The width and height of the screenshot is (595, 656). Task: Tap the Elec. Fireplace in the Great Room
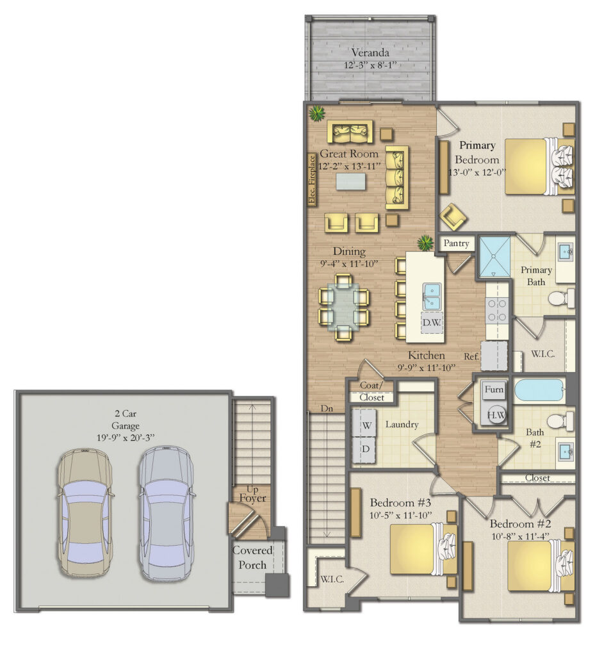pos(312,180)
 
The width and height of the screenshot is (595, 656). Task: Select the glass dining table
pos(344,306)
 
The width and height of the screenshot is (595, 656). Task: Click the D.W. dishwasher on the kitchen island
pos(430,322)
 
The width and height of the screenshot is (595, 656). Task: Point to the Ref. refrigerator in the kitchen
pos(494,356)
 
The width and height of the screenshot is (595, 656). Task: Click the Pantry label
pos(456,244)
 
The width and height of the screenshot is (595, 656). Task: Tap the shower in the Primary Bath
pos(493,256)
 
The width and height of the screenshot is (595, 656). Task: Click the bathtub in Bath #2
pos(539,389)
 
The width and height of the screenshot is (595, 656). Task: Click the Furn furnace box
pos(494,389)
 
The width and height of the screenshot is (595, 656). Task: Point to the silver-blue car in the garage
pos(165,513)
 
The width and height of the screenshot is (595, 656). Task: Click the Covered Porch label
pos(252,557)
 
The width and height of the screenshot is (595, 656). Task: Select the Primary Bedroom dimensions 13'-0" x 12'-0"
pos(477,172)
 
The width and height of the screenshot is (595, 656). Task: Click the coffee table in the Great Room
pos(350,182)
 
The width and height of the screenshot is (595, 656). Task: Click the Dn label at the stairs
pos(327,408)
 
